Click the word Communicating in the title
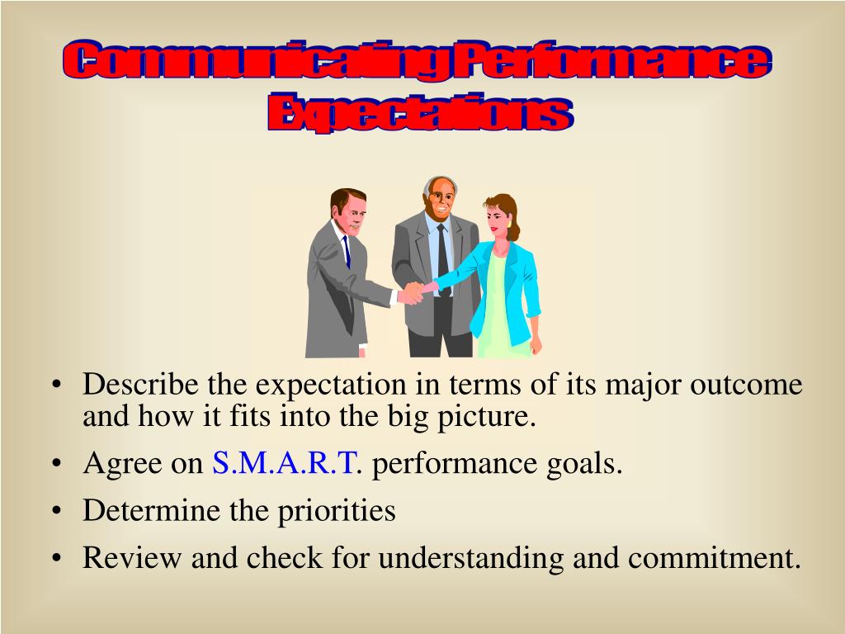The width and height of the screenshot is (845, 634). pos(256,64)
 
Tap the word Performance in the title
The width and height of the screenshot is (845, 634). pos(611,64)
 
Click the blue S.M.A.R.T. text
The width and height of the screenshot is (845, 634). pos(286,464)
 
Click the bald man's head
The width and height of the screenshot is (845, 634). pos(440,196)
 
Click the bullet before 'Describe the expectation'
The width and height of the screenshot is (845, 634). pos(56,386)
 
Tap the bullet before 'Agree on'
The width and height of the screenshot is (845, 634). pos(56,465)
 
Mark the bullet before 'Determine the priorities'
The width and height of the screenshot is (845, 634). pos(56,512)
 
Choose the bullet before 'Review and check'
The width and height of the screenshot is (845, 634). pos(56,559)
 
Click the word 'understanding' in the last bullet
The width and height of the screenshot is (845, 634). pos(469,559)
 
